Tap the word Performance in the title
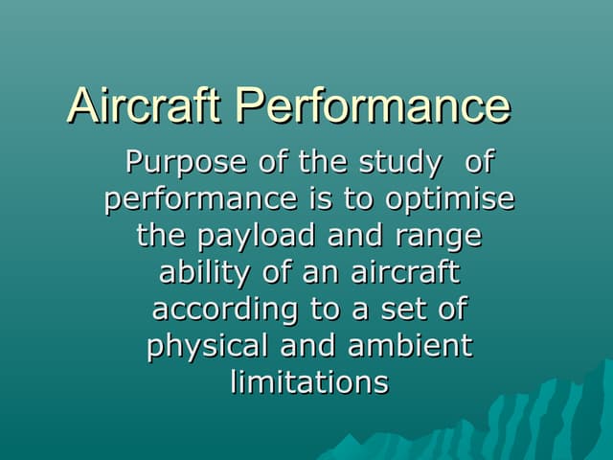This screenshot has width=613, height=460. pyautogui.click(x=374, y=105)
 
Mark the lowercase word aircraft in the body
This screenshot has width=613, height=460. pyautogui.click(x=407, y=272)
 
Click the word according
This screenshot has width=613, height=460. pyautogui.click(x=216, y=309)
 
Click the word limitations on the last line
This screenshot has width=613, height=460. pyautogui.click(x=309, y=381)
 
